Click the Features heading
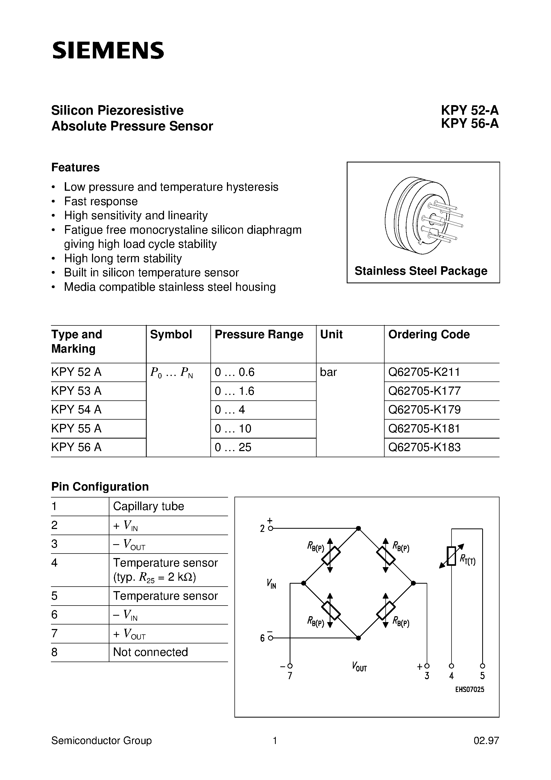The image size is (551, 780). tap(75, 168)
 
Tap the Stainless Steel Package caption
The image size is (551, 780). tap(421, 271)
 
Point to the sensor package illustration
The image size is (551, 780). tap(423, 215)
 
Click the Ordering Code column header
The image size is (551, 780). tap(429, 335)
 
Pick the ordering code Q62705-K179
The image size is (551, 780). tap(424, 410)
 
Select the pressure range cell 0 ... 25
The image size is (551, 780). tap(233, 447)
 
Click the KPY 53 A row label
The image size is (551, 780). tap(77, 391)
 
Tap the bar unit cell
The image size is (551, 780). tap(328, 372)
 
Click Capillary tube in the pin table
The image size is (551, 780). tap(149, 507)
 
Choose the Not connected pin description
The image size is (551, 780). tap(150, 652)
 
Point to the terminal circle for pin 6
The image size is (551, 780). tap(270, 638)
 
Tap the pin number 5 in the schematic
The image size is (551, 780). tap(482, 676)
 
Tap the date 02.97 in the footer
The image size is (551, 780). tap(486, 741)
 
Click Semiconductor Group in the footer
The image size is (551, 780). tap(101, 741)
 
